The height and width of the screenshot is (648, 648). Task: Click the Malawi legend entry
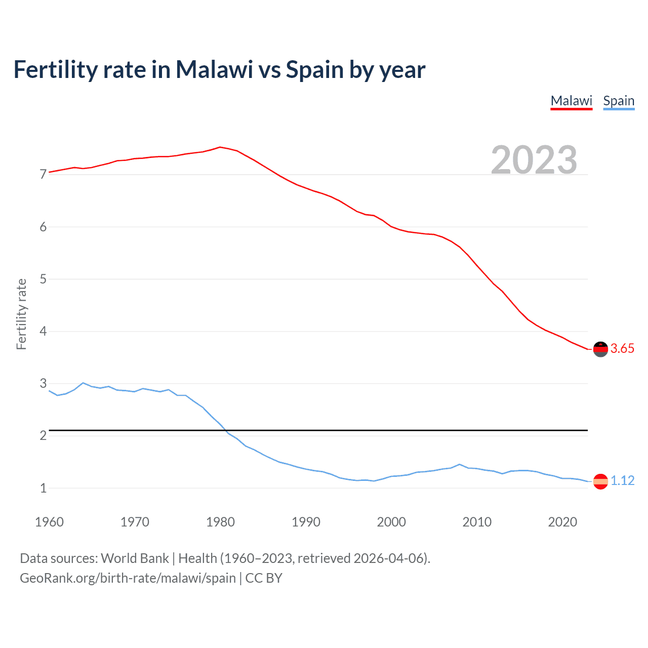pos(571,101)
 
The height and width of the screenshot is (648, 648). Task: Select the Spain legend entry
pos(619,101)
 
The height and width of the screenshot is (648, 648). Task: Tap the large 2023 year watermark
pos(534,160)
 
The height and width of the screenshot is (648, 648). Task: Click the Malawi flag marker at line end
pos(600,349)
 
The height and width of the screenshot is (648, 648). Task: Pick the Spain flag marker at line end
pos(600,481)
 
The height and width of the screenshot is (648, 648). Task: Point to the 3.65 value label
pos(622,349)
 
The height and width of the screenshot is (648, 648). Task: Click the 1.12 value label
pos(622,481)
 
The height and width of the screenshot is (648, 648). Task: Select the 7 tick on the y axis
pos(43,175)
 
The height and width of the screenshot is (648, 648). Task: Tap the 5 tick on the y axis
pos(43,279)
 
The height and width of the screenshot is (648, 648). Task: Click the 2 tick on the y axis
pos(43,436)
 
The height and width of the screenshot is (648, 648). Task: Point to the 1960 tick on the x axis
pos(49,522)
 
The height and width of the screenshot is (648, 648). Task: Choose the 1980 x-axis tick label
pos(220,522)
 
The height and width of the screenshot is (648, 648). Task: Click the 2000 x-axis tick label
pos(391,522)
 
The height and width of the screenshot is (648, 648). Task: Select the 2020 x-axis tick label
pos(562,522)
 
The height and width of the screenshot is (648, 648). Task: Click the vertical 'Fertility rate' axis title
pos(21,314)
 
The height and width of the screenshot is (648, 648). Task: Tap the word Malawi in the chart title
pos(214,70)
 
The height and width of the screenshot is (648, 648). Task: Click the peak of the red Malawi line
pos(220,147)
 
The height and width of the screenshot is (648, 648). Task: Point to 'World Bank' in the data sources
pos(135,558)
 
